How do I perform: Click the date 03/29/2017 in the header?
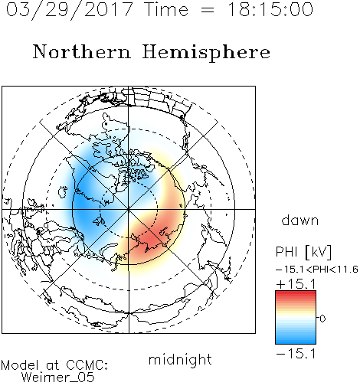pos(70,10)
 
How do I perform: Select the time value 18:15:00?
pos(270,9)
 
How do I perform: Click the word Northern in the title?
pos(82,51)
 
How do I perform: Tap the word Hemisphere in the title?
pos(206,53)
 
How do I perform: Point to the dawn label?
pos(300,220)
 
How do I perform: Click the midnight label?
pos(180,360)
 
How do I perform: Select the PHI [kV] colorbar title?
pos(303,252)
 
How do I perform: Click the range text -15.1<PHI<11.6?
pos(317,270)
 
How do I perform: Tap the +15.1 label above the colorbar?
pos(296,284)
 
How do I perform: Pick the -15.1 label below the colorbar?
pos(296,354)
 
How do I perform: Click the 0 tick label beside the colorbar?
pos(322,319)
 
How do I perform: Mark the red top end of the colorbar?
pos(296,293)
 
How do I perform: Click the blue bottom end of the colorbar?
pos(296,342)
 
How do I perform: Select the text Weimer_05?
pos(58,378)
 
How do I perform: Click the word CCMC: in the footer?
pos(87,365)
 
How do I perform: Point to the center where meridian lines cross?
pos(129,209)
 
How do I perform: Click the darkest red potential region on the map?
pos(149,240)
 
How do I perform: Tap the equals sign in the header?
pos(208,10)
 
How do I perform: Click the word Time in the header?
pos(166,9)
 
